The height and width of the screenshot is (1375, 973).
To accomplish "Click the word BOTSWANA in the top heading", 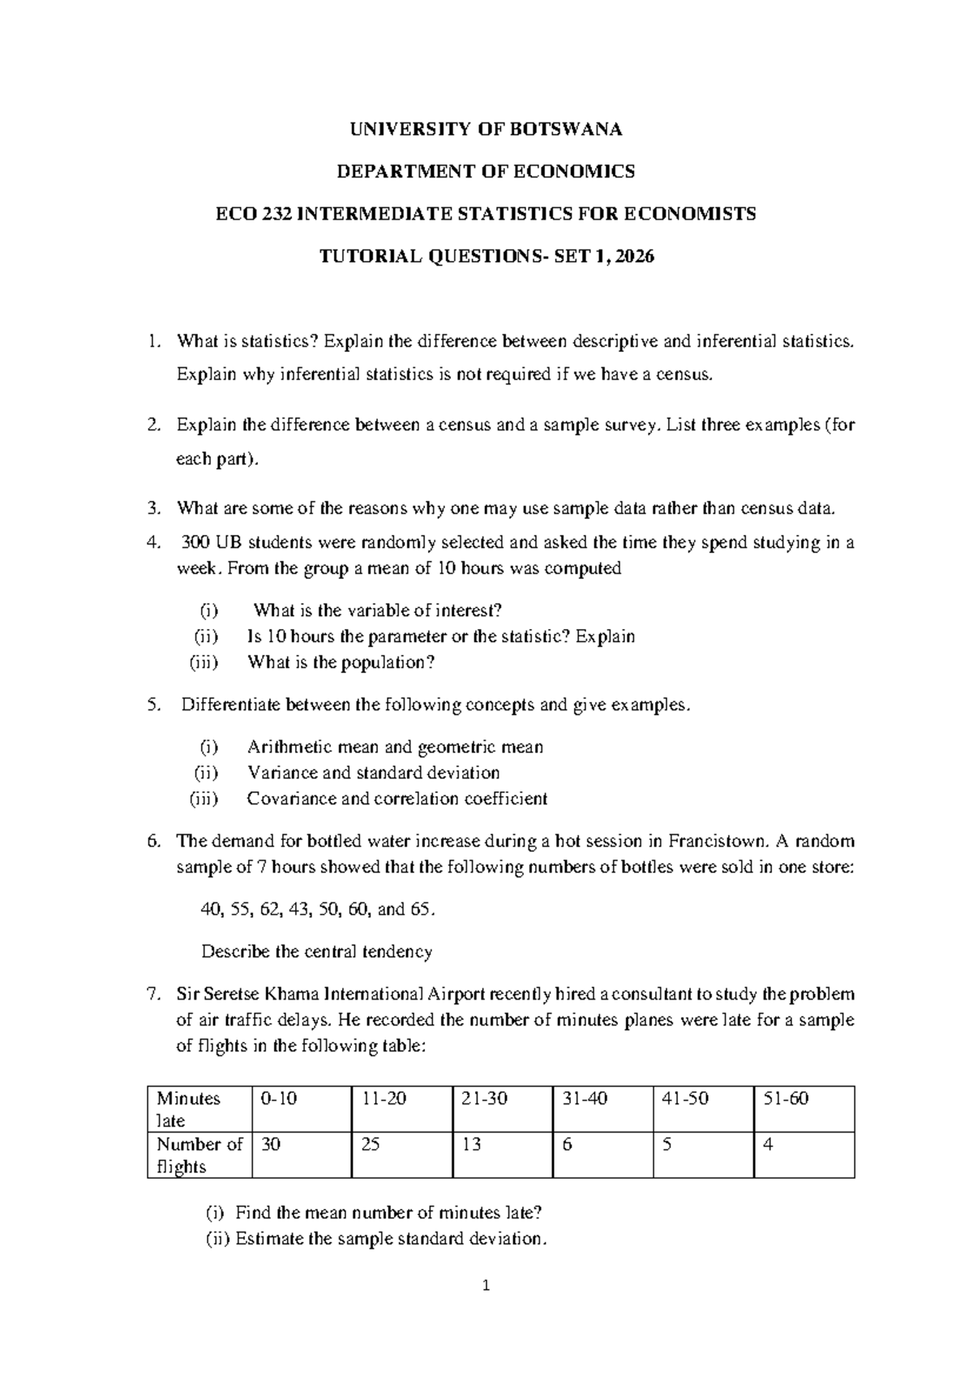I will (x=569, y=129).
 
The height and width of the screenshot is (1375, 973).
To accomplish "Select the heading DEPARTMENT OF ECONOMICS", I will (x=486, y=171).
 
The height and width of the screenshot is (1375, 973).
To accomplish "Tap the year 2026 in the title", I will (x=635, y=256).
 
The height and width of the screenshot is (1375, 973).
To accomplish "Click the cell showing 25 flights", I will (x=371, y=1144).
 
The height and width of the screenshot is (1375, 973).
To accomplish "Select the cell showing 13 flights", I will (x=471, y=1144).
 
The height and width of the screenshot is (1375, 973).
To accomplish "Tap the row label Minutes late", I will (x=188, y=1109).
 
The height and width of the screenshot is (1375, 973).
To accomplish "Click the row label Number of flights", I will (x=199, y=1154).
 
